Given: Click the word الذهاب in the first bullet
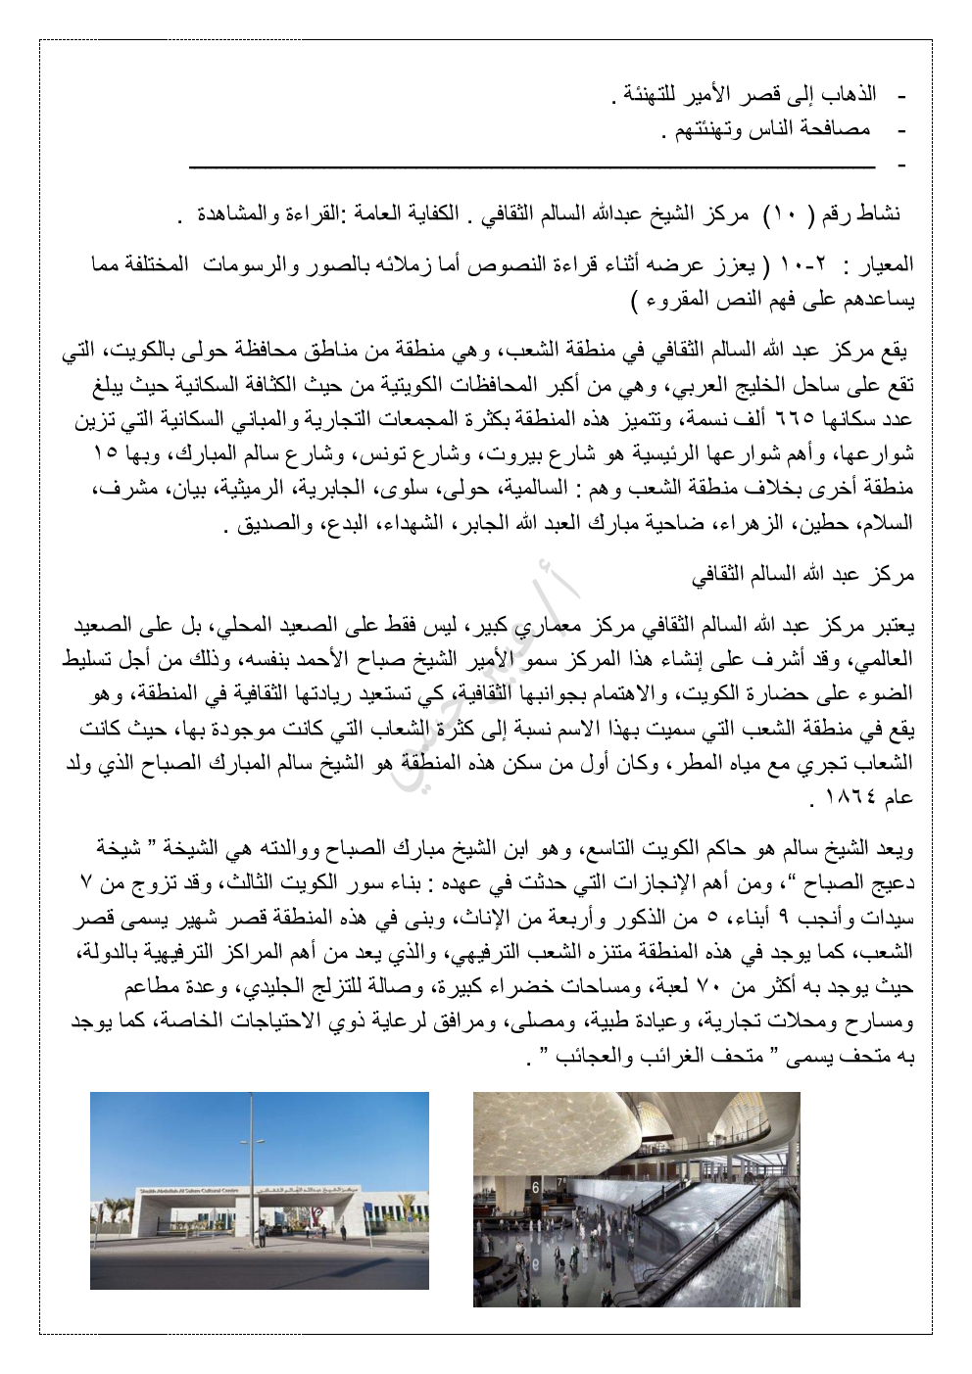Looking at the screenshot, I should point(850,95).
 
